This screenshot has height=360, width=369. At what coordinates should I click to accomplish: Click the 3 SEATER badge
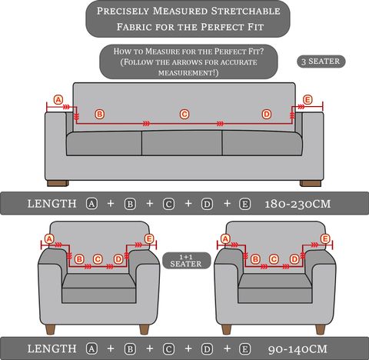[321, 62]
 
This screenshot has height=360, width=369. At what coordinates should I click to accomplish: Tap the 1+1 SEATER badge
[186, 261]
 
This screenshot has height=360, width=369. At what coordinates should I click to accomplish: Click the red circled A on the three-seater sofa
[58, 100]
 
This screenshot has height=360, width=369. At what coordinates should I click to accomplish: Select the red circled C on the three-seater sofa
[184, 114]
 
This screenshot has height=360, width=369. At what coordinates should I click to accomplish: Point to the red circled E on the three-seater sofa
[307, 100]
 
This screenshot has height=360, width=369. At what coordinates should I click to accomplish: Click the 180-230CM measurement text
[298, 204]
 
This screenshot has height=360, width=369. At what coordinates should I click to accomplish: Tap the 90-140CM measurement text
[298, 349]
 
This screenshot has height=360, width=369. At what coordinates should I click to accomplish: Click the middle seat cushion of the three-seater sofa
[181, 142]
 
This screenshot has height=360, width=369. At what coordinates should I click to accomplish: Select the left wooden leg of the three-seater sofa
[58, 183]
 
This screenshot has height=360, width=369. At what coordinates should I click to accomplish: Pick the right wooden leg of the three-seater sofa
[311, 183]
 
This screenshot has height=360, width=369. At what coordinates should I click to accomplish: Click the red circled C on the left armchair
[98, 259]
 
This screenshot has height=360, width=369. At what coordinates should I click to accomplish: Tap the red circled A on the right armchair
[225, 239]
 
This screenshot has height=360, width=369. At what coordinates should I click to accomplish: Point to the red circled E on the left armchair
[149, 239]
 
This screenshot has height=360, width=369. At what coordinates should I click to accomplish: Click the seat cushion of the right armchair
[275, 288]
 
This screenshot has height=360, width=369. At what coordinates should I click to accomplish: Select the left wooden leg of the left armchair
[50, 329]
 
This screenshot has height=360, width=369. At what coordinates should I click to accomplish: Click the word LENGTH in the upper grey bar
[52, 204]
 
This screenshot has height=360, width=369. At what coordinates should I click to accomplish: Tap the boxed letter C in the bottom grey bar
[168, 349]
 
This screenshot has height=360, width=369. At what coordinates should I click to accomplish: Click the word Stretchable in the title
[245, 11]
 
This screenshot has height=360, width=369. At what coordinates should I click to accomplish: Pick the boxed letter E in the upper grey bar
[245, 204]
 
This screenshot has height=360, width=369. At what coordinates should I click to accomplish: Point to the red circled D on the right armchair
[294, 259]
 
